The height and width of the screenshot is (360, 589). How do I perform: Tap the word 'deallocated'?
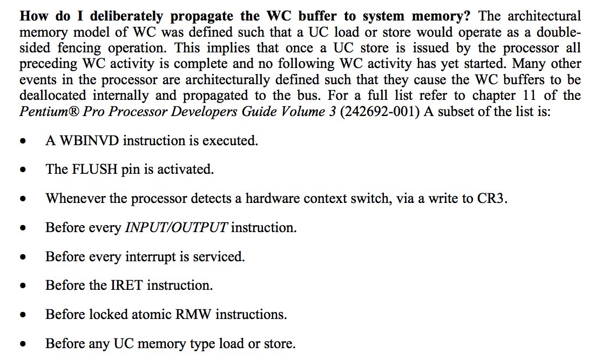click(55, 96)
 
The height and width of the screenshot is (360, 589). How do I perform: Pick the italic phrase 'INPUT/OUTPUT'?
click(177, 227)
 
